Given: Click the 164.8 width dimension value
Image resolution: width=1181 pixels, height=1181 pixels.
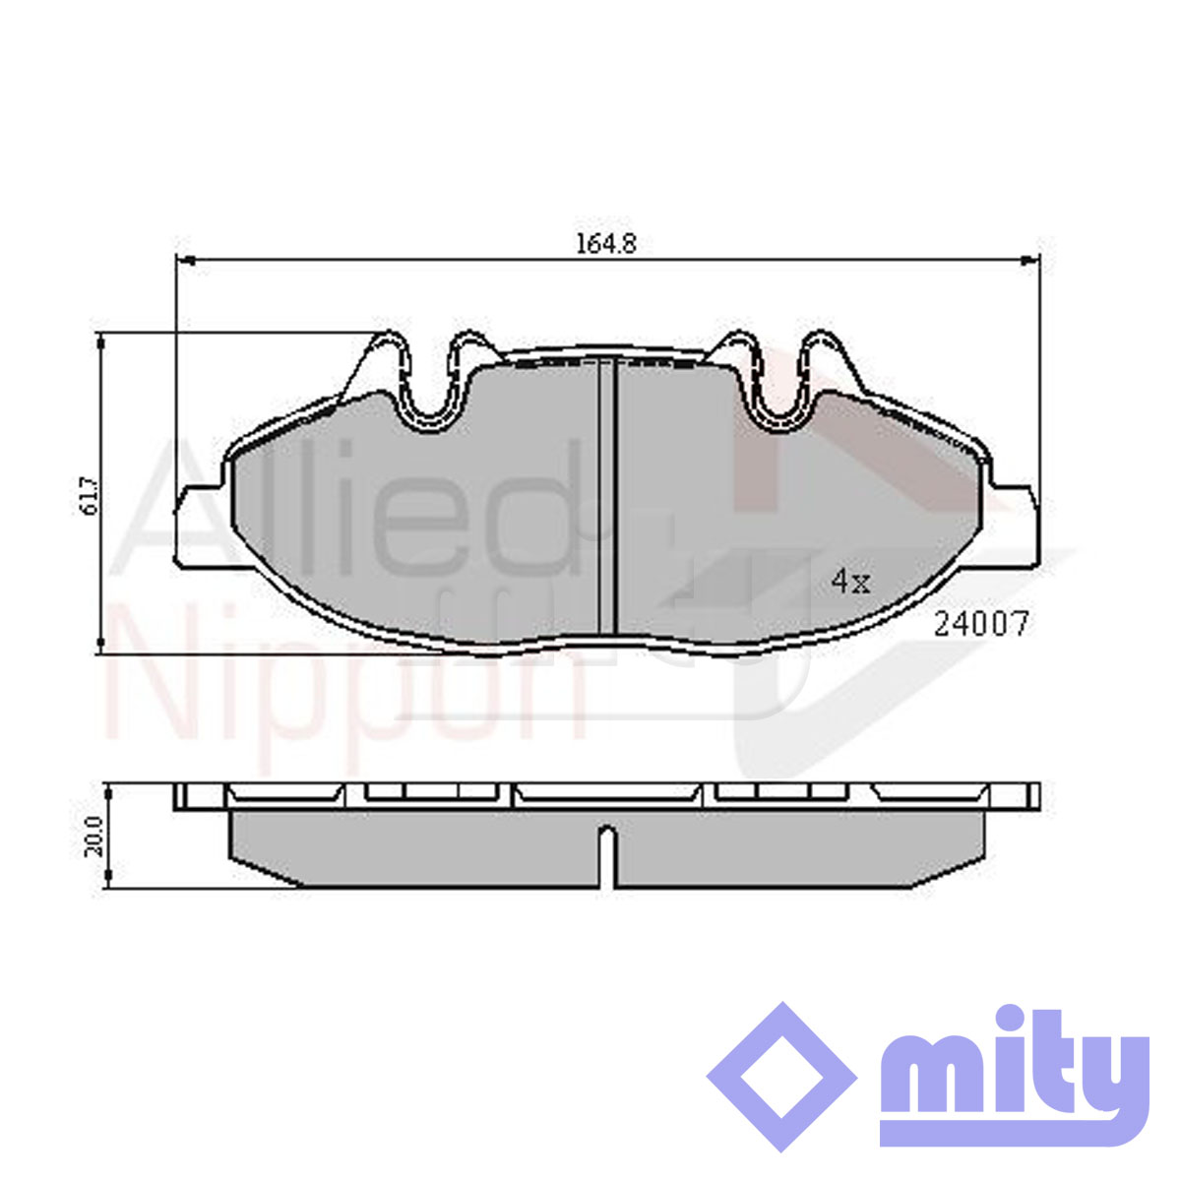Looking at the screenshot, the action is [605, 244].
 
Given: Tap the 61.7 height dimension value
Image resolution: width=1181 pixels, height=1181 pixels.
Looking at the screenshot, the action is [89, 495].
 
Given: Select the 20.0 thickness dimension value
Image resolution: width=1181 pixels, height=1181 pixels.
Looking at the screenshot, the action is [93, 836].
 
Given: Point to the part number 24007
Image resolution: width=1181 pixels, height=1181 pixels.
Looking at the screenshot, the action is [980, 625].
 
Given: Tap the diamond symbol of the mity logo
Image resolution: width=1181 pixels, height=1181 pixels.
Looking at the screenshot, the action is [782, 1077].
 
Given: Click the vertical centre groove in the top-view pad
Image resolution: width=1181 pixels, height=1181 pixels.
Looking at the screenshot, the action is [606, 496].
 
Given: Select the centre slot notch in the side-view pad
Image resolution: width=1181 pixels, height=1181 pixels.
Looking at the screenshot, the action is [607, 855].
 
